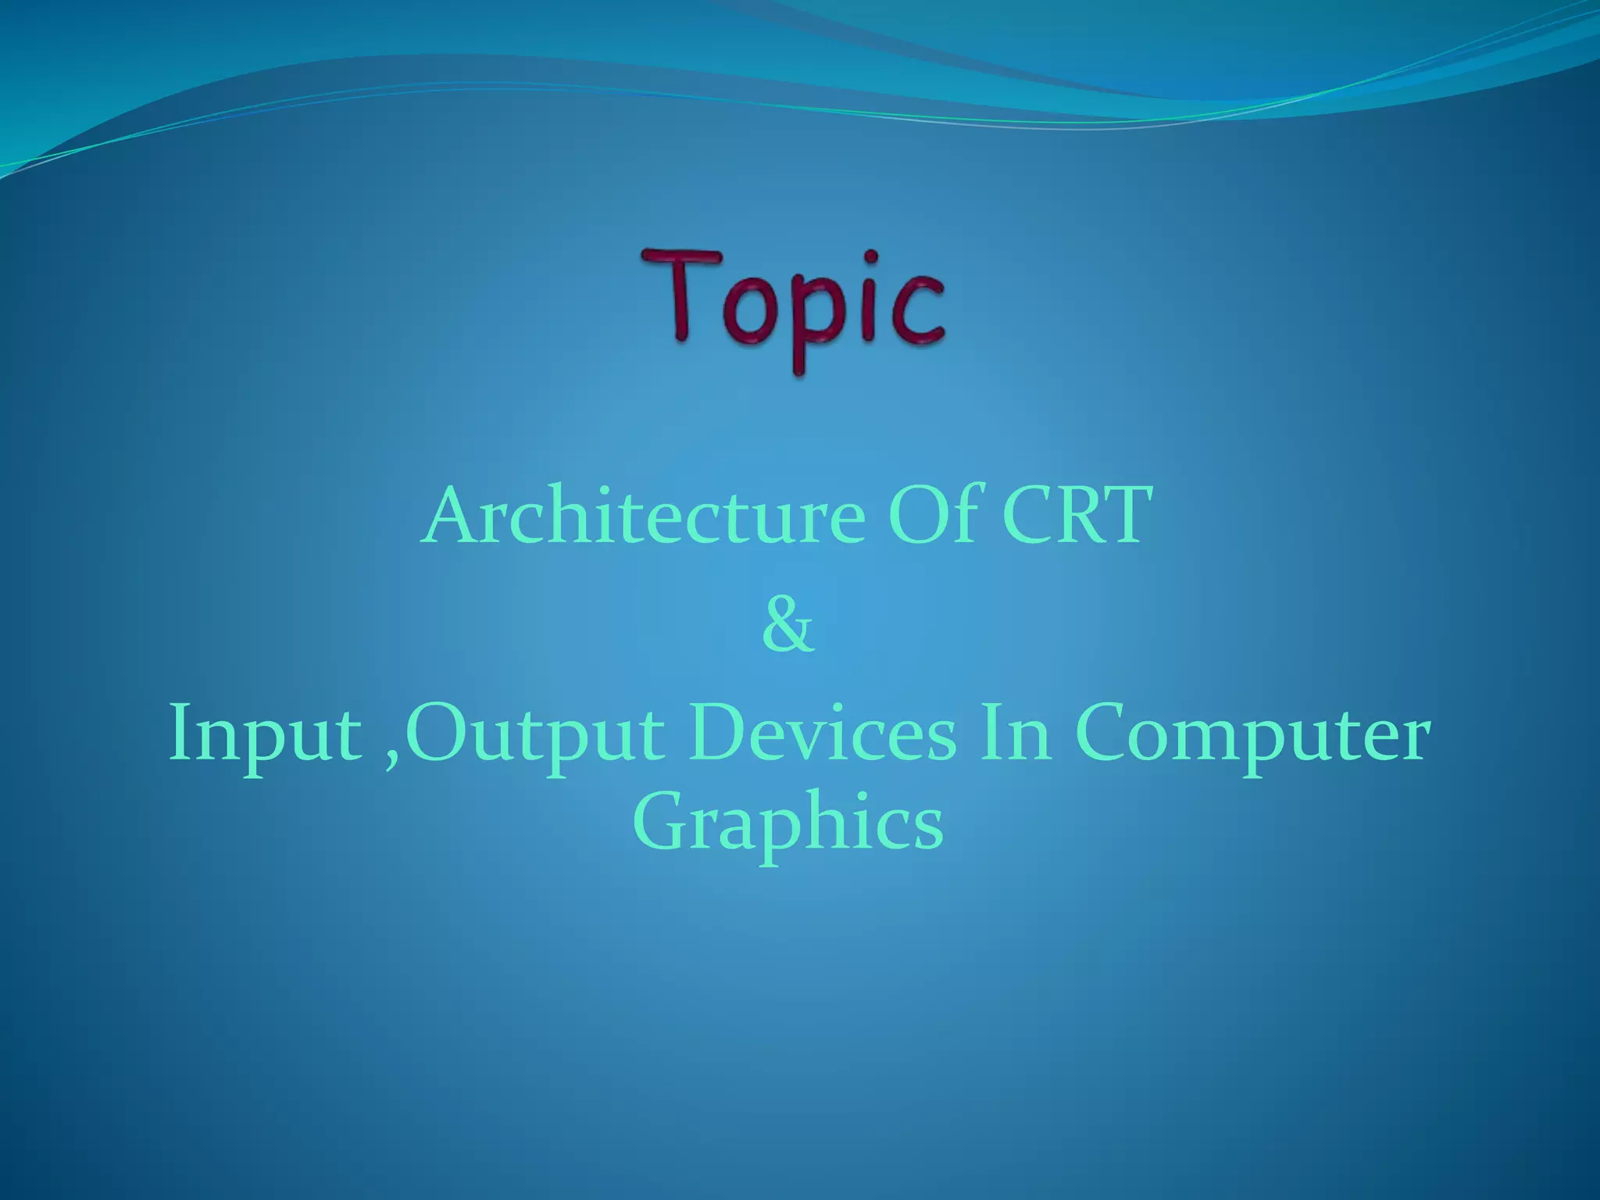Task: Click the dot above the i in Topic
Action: coord(872,257)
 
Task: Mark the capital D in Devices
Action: coord(715,734)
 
